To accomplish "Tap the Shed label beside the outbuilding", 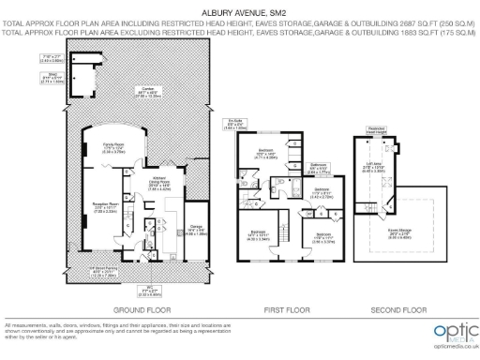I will click(54, 77).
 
